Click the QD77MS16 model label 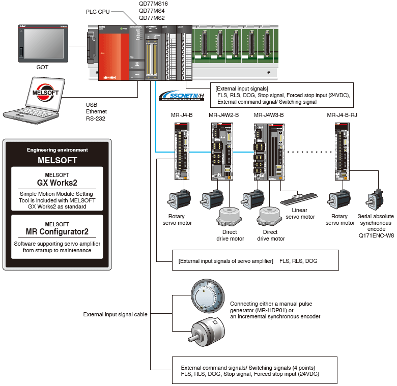click(153, 4)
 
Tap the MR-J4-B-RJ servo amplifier click(341, 152)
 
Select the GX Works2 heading click(56, 182)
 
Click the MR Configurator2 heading click(57, 231)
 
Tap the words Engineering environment click(57, 150)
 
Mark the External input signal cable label click(115, 315)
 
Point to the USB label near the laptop click(92, 104)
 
